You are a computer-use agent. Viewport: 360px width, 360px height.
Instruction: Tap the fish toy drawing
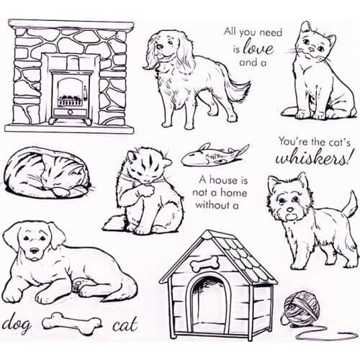point(214,154)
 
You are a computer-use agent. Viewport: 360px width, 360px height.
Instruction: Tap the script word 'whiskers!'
point(316,158)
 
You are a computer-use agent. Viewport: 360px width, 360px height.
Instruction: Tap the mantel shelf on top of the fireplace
point(71,26)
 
